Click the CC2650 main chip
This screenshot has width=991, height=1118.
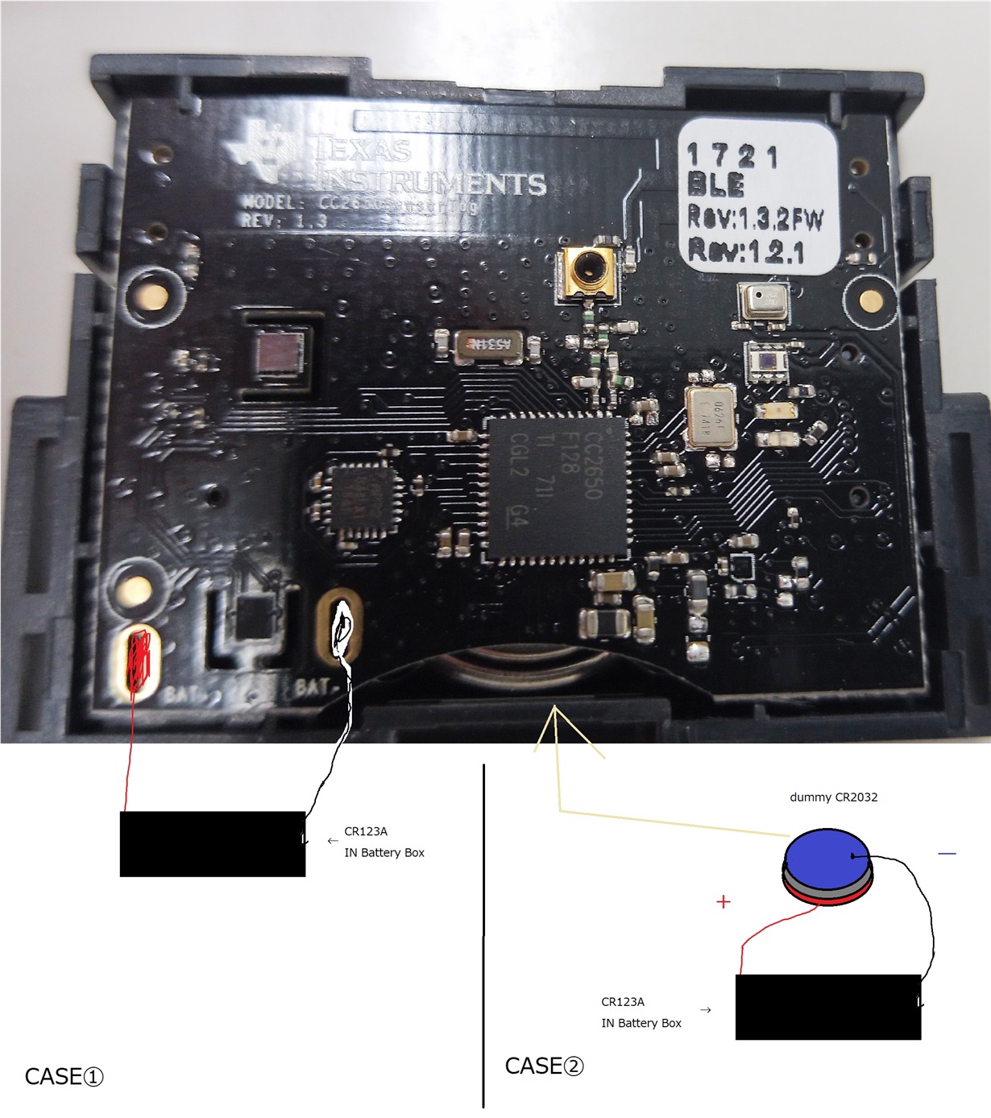[x=557, y=488]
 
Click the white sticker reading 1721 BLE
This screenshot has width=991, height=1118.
[x=756, y=197]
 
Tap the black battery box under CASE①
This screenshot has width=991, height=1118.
[x=213, y=843]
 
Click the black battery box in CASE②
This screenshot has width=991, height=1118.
[x=827, y=1007]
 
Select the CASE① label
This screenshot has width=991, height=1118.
[x=64, y=1077]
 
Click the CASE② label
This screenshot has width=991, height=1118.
[x=544, y=1066]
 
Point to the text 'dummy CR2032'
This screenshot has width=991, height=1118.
[x=833, y=797]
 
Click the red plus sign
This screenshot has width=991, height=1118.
[x=724, y=901]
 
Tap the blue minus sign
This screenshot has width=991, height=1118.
[x=947, y=853]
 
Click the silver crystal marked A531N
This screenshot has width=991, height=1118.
[x=490, y=346]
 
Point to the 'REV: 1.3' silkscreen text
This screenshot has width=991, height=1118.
[x=284, y=220]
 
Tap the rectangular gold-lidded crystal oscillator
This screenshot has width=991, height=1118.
[x=711, y=415]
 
